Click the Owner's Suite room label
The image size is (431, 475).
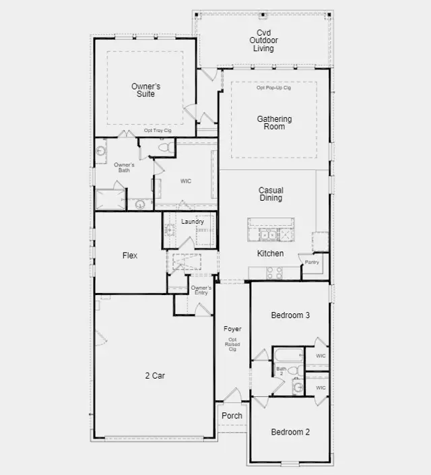tap(145, 90)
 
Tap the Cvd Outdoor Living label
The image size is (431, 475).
tap(263, 40)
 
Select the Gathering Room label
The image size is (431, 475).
tap(274, 123)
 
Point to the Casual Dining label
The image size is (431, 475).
tap(271, 194)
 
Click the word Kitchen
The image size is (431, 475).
tap(271, 253)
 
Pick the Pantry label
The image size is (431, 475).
tap(312, 262)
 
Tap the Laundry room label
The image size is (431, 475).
tap(193, 222)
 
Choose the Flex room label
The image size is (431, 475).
tap(130, 255)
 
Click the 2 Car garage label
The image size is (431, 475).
tap(155, 376)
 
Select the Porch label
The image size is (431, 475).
tap(232, 416)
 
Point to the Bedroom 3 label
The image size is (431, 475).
tap(290, 315)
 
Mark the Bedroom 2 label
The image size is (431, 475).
tap(290, 432)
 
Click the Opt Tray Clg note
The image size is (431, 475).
tap(158, 131)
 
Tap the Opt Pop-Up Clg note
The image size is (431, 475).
tap(274, 88)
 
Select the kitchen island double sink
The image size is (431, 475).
tap(268, 235)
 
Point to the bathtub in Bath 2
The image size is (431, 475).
tap(289, 355)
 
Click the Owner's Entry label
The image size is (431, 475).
tap(201, 290)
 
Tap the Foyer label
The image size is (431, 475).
tap(232, 329)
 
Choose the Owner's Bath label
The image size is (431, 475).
tap(124, 168)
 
